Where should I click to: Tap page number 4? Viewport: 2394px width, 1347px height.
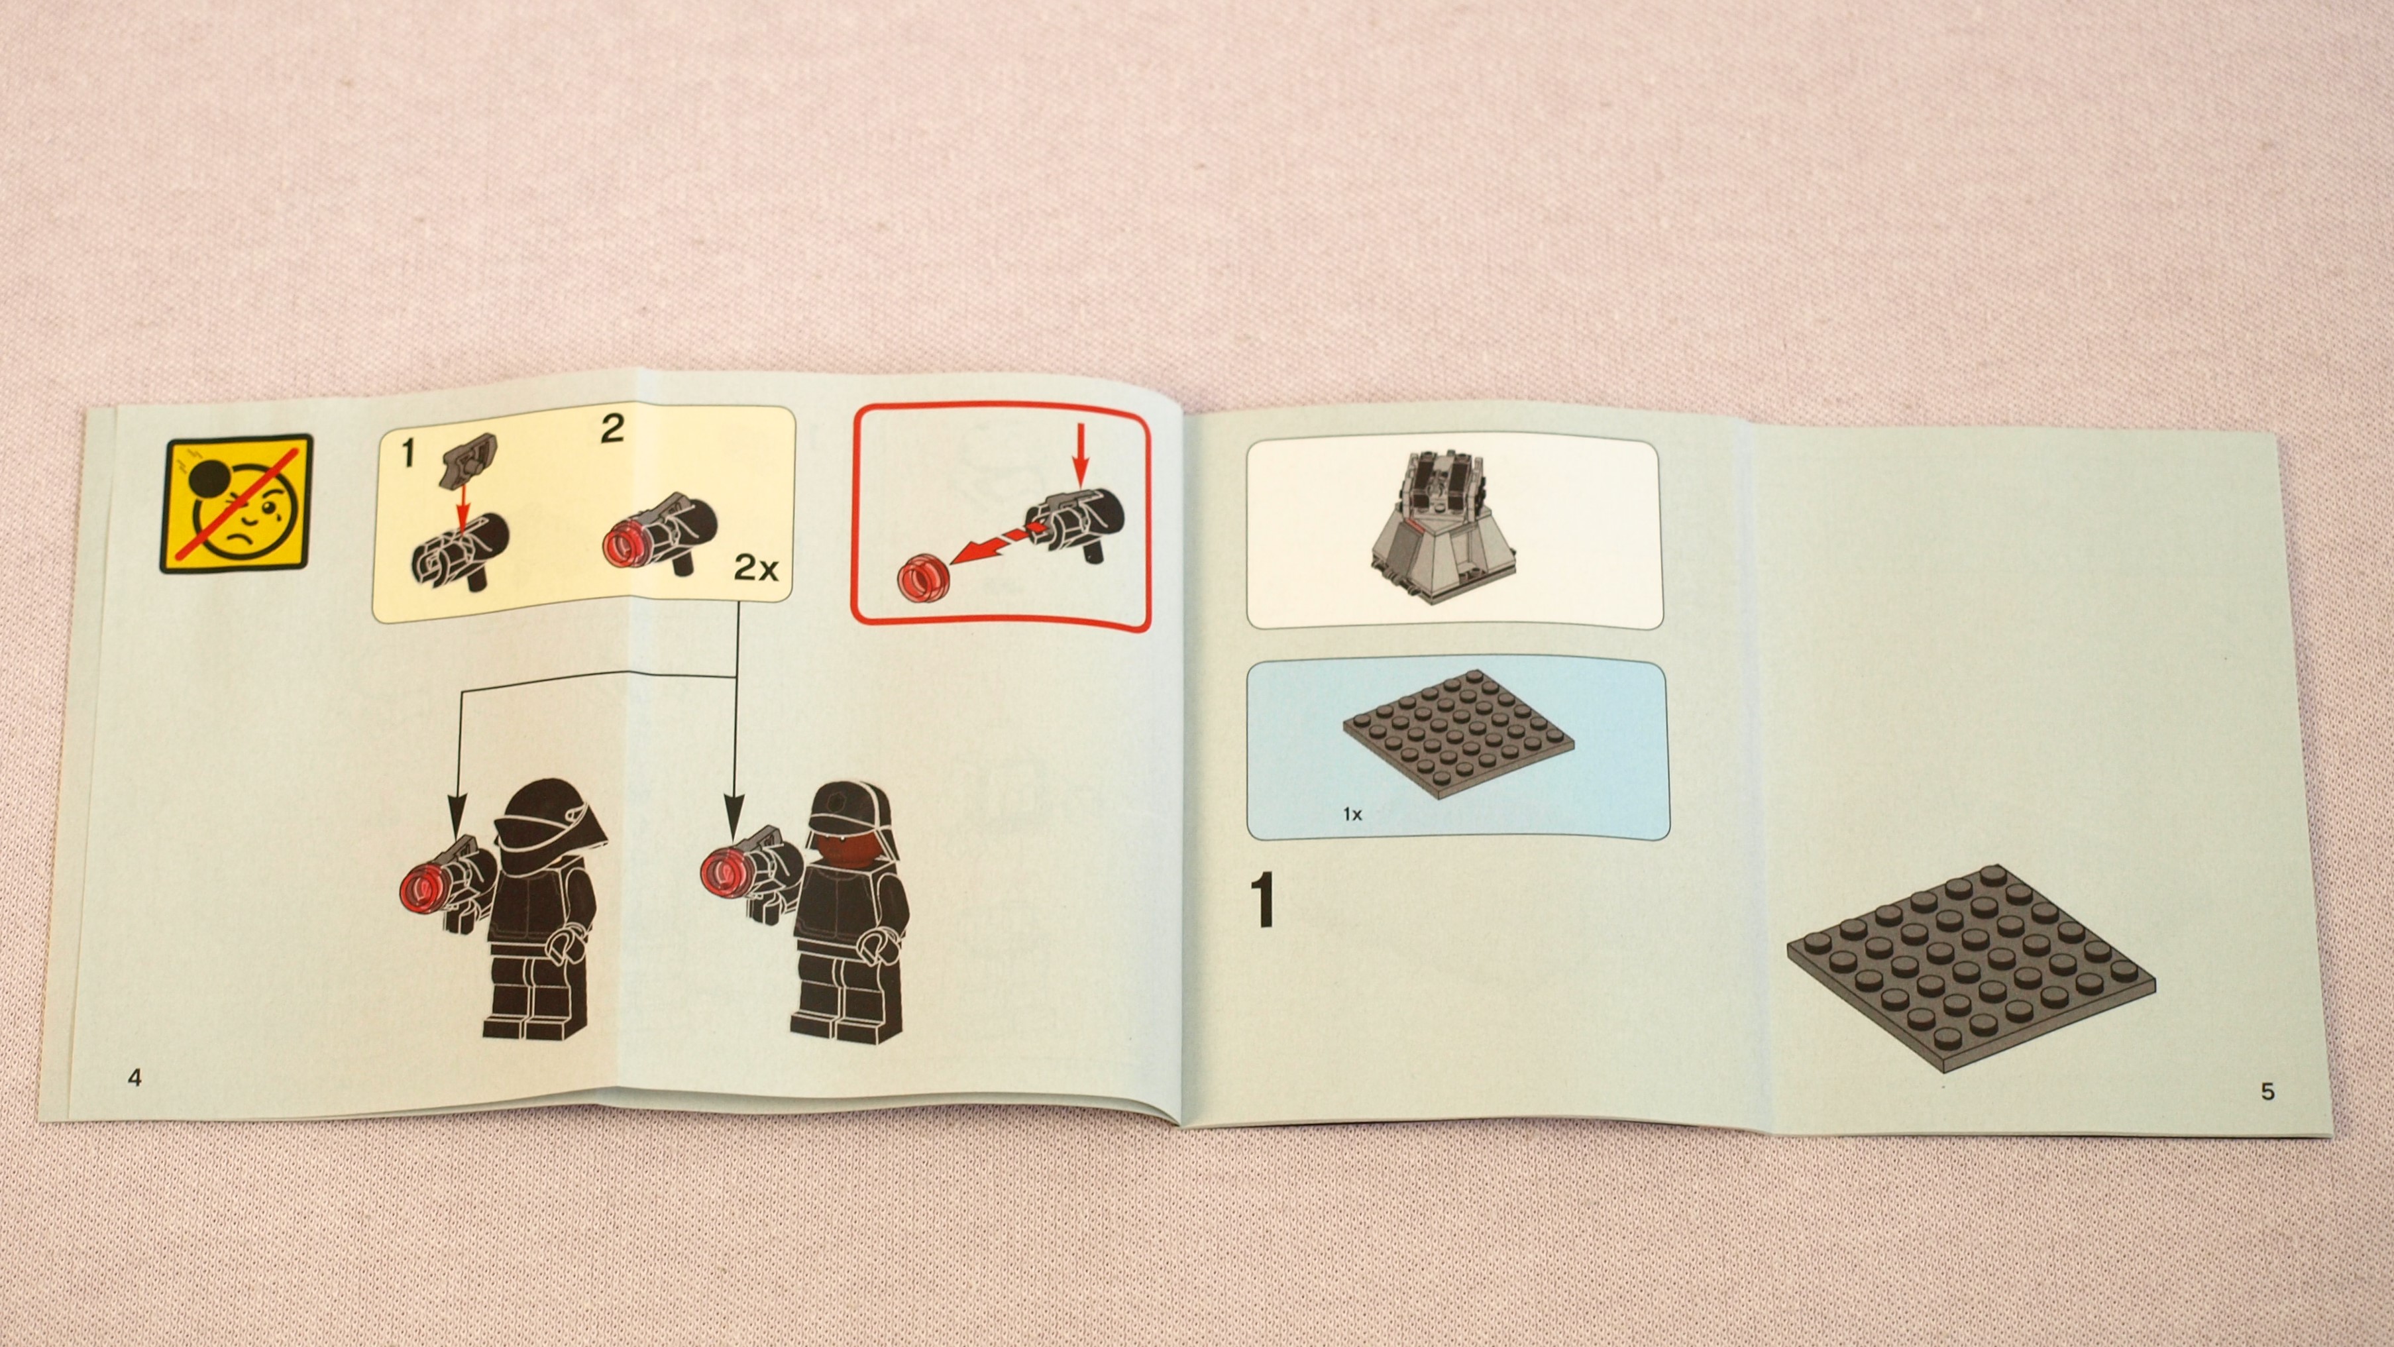tap(135, 1079)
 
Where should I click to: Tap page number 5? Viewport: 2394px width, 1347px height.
tap(2267, 1091)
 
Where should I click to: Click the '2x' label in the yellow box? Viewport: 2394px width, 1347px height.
tap(755, 567)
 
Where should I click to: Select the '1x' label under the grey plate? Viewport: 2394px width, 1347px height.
tap(1352, 814)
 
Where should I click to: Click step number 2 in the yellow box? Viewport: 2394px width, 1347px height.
tap(612, 429)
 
